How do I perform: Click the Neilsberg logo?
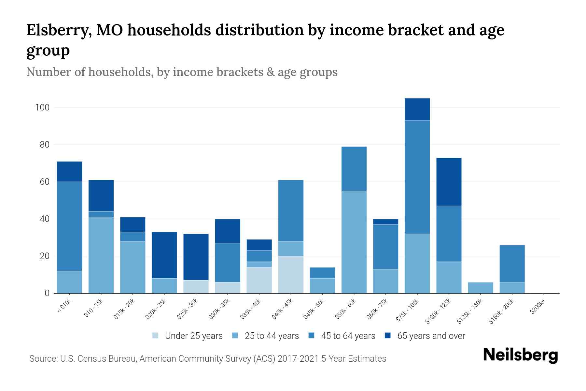[520, 355]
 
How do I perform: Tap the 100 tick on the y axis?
[42, 108]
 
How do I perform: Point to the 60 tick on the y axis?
[44, 182]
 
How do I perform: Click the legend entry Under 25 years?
[188, 336]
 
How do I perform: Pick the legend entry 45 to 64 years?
[342, 336]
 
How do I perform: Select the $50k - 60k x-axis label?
[346, 310]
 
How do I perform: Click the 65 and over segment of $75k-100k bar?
[417, 109]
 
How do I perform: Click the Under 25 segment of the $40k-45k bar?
[291, 275]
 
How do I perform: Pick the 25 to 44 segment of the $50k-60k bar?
[354, 242]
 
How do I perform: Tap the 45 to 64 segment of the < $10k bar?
[69, 226]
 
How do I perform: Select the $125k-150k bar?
[480, 288]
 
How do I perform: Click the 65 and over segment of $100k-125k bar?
[449, 182]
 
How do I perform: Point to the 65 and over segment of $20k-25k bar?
[164, 255]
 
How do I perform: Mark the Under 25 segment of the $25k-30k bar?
[196, 287]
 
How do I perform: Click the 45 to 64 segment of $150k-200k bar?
[512, 263]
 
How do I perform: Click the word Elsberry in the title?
[59, 30]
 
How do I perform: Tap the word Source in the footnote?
[43, 359]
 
